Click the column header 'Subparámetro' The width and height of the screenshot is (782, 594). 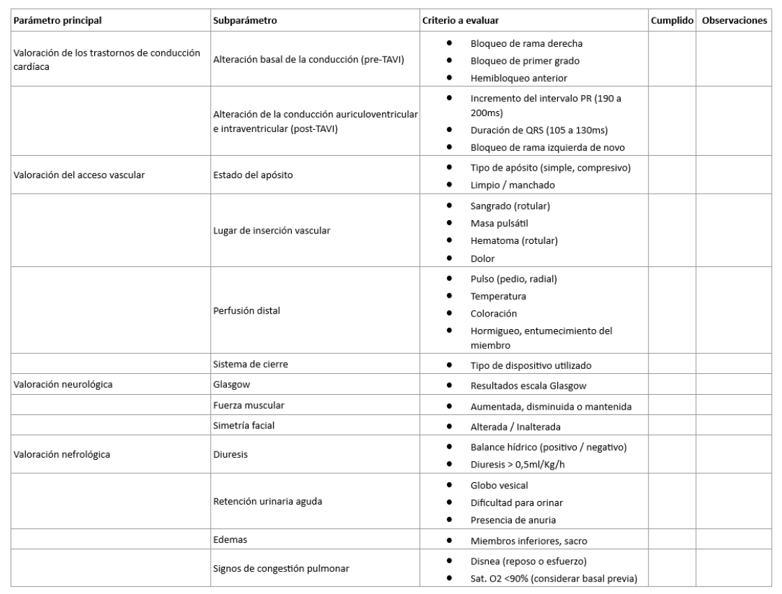pos(245,20)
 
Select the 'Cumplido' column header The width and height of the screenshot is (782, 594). pos(671,20)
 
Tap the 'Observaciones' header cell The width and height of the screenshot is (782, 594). pos(734,20)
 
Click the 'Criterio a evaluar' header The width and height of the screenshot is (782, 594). pos(460,20)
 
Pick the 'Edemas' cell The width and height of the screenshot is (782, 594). pos(230,539)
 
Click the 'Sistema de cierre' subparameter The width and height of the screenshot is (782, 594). pos(249,364)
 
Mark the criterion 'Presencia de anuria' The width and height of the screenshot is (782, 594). pos(514,519)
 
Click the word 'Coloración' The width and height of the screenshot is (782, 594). pos(494,312)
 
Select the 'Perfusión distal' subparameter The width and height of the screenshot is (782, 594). pos(246,310)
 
